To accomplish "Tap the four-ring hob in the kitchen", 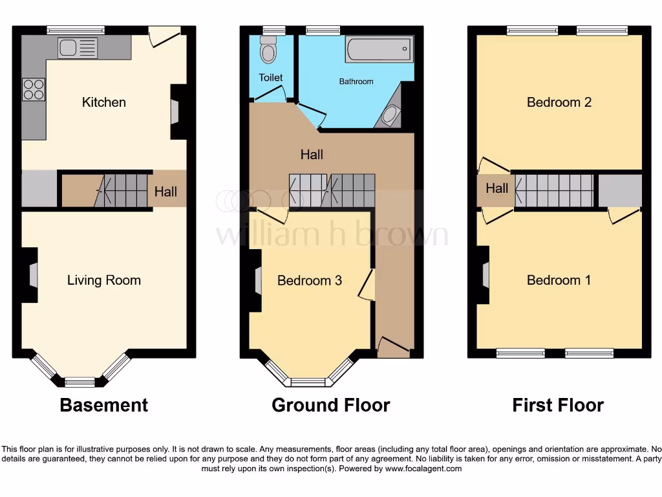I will click(x=34, y=89).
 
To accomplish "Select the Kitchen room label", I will click(x=103, y=102).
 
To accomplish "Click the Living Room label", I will click(x=103, y=280).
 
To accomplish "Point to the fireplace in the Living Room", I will click(x=30, y=276).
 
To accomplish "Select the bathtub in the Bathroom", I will click(x=378, y=49).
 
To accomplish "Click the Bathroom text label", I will click(x=356, y=82).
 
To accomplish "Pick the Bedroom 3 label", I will click(x=309, y=280).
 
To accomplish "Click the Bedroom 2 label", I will click(x=559, y=102).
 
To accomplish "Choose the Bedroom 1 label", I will click(x=559, y=280).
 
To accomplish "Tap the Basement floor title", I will click(x=103, y=405).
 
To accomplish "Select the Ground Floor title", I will click(x=330, y=405).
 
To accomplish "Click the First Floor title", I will click(x=558, y=405).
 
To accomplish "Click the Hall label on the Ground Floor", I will click(x=312, y=155).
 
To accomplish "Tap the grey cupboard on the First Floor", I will click(x=619, y=190).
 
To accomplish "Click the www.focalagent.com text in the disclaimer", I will click(x=423, y=469).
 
